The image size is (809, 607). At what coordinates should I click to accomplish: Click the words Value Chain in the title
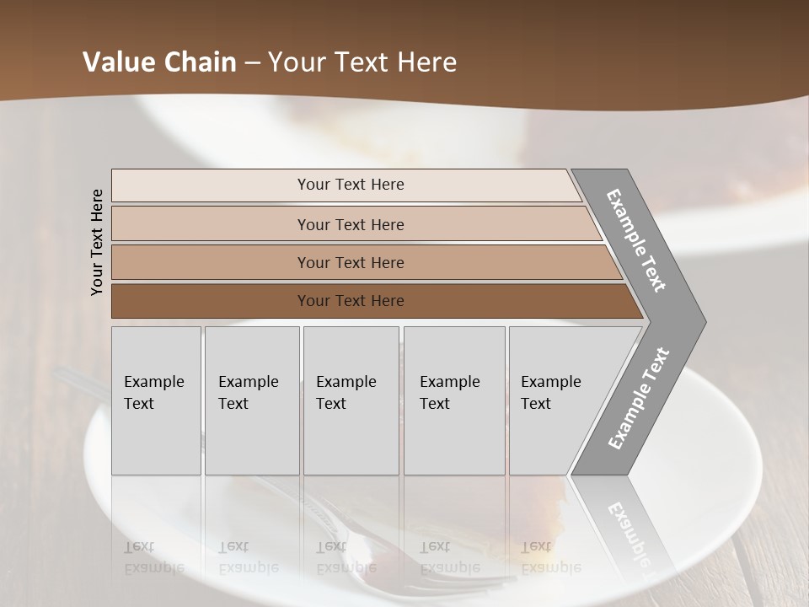(159, 62)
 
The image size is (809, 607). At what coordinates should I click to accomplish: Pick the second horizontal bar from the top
(351, 224)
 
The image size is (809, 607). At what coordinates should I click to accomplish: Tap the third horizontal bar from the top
(351, 262)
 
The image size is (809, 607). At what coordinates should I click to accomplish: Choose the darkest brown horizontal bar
(351, 301)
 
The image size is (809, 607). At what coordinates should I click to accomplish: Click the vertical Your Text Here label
(97, 242)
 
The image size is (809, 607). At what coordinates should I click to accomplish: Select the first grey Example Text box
(156, 400)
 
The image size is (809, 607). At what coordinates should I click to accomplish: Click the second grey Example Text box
(251, 400)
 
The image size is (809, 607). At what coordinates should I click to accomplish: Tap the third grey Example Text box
(350, 400)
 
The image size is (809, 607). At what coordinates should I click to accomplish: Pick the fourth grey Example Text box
(453, 400)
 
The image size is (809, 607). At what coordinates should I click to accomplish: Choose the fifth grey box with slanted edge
(556, 400)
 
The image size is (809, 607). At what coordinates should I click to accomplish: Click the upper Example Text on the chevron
(637, 241)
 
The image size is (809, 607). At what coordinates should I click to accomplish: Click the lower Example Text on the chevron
(639, 398)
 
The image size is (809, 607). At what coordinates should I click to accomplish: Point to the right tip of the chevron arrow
(705, 321)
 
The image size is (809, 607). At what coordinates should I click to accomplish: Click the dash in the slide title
(252, 62)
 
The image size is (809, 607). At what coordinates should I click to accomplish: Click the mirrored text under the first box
(153, 557)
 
